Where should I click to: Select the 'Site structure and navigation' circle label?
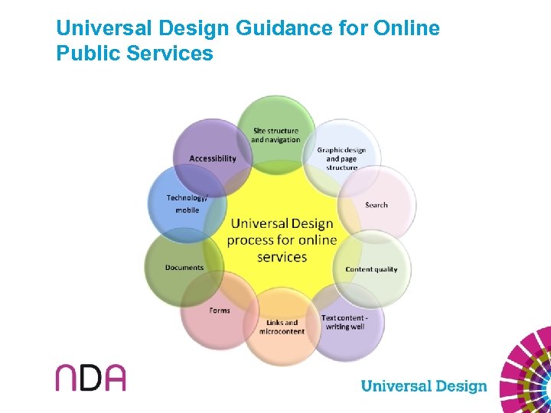[275, 135]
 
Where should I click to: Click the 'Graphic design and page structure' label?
[341, 158]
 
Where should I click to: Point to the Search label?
[377, 205]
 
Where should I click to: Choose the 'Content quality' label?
[371, 269]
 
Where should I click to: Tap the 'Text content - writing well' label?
[344, 322]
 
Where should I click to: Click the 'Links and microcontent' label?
[282, 327]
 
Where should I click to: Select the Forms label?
[220, 311]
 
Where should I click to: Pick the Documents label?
[184, 268]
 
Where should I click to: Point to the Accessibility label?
[213, 158]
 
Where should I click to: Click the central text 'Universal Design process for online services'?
[282, 240]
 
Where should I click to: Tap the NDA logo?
[90, 377]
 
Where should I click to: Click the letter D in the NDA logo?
[90, 377]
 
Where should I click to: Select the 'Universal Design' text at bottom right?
[423, 385]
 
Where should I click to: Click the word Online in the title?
[407, 29]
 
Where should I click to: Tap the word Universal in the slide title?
[104, 29]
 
